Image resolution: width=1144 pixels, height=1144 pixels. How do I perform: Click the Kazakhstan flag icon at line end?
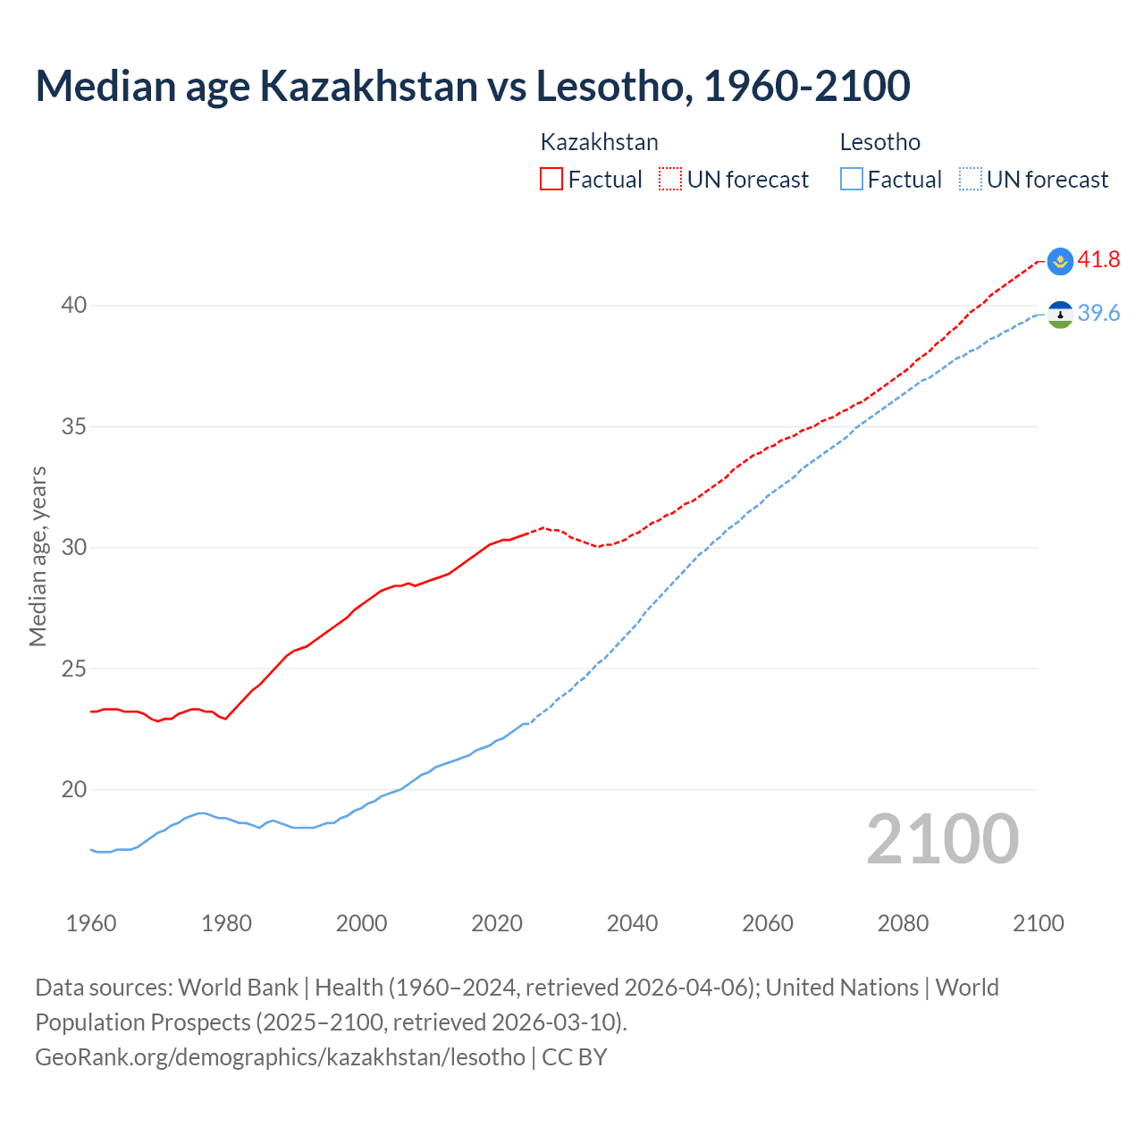coord(1060,261)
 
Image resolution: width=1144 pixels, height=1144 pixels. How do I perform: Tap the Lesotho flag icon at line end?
coord(1060,315)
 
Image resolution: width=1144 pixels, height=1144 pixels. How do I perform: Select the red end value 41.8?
coord(1098,260)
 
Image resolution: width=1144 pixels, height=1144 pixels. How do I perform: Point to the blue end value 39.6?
coord(1098,314)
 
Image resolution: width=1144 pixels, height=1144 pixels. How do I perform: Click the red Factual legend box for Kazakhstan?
coord(551,180)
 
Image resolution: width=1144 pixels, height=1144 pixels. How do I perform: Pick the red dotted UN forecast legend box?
coord(670,180)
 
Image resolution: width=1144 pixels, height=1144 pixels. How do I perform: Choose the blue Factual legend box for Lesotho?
coord(852,180)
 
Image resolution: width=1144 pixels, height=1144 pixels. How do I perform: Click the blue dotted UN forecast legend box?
coord(970,180)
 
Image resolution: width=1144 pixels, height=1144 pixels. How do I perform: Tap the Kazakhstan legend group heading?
coord(599,142)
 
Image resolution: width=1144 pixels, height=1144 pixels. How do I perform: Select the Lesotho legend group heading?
coord(879,142)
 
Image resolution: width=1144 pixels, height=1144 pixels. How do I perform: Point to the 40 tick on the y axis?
coord(74,306)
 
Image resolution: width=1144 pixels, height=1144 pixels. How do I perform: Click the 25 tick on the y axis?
coord(74,669)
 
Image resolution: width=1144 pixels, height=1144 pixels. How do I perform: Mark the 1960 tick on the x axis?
coord(91,923)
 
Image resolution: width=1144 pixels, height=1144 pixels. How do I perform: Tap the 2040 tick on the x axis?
coord(632,923)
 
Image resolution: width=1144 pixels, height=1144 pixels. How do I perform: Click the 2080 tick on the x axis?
coord(903,923)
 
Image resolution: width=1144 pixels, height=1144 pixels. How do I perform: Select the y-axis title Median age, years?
coord(38,556)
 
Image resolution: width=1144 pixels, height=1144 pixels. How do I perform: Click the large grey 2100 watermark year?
coord(942,839)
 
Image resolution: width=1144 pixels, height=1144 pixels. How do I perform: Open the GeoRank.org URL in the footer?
coord(280,1057)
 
